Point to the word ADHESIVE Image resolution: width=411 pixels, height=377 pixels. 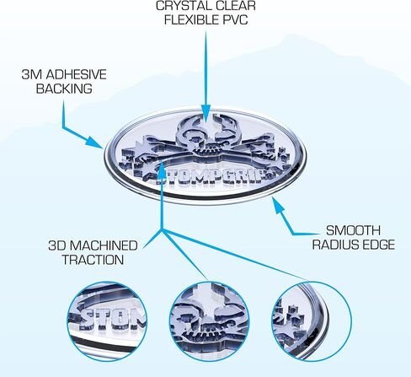tap(77, 74)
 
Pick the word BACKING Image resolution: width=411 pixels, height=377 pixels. tap(64, 89)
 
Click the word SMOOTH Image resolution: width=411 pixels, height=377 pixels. tap(353, 230)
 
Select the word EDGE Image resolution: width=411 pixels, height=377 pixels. tap(378, 245)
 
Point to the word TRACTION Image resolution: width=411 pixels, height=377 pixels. tap(93, 260)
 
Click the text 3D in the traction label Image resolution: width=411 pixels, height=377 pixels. tap(57, 245)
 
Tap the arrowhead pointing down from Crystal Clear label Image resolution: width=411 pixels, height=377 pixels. tap(205, 113)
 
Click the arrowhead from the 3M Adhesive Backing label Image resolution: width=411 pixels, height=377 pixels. tap(94, 142)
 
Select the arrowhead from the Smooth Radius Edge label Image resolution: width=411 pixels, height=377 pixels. tap(279, 204)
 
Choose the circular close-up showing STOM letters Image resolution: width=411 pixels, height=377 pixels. tap(107, 321)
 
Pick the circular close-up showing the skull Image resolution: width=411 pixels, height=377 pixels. tap(210, 321)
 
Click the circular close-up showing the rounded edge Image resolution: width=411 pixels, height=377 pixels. tap(312, 321)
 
